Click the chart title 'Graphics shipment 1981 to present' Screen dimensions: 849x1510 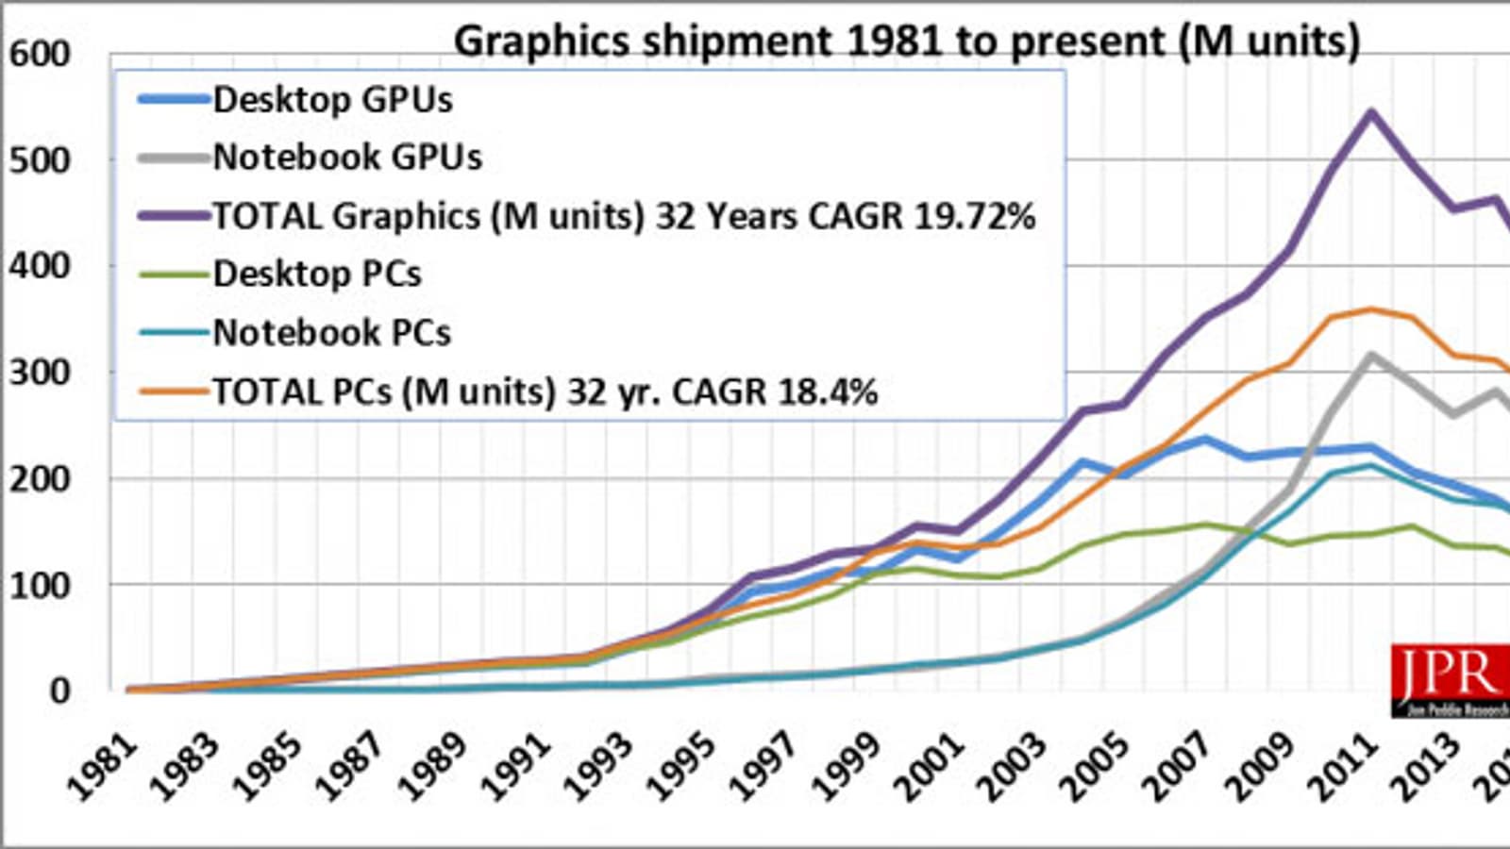(906, 42)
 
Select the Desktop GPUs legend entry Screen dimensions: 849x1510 (332, 99)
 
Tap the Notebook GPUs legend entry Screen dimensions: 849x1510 (347, 157)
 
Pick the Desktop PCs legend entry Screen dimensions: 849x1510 (317, 274)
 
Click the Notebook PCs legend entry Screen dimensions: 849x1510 (332, 332)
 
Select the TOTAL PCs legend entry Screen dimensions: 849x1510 (545, 391)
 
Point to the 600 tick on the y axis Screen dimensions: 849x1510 (40, 54)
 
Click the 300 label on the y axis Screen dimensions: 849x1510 (40, 373)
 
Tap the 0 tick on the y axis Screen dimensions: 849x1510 (59, 691)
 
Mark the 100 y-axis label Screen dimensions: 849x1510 (40, 585)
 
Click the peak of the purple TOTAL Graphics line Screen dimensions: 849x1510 (1370, 112)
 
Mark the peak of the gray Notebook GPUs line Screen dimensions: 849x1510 (1370, 355)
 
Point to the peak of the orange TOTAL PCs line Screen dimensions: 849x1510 (1370, 309)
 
